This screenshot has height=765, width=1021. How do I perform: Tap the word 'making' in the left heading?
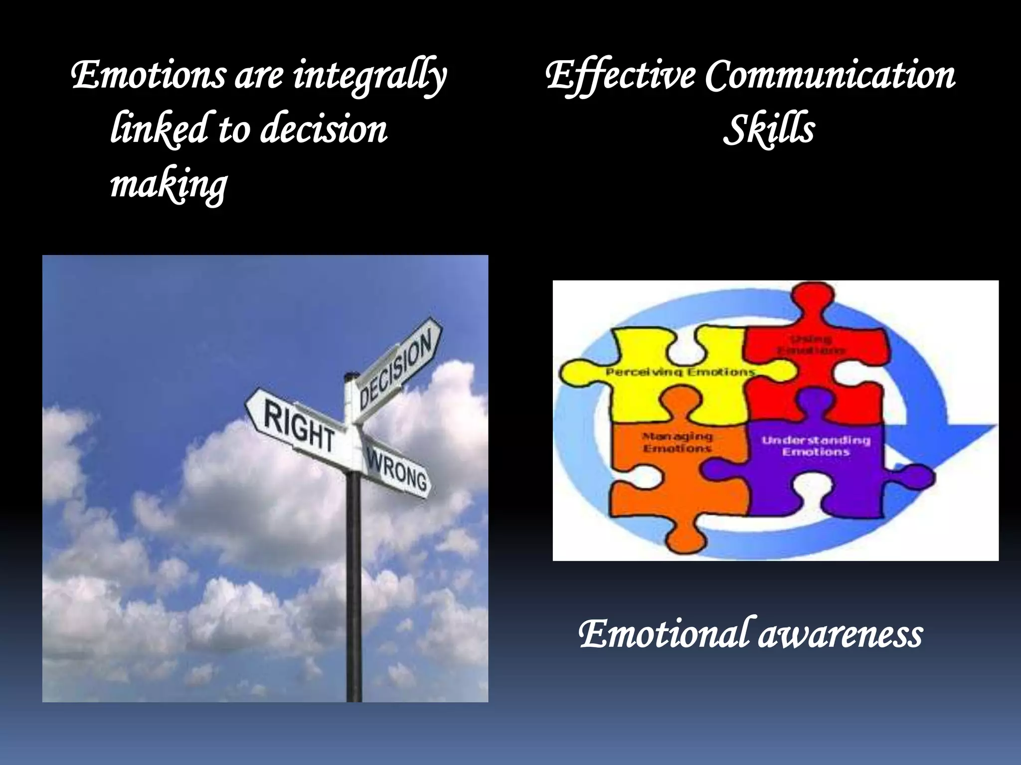(169, 184)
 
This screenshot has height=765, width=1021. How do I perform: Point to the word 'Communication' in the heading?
(830, 76)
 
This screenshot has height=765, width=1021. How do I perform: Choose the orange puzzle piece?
(663, 478)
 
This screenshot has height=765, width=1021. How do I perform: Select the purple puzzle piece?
(818, 478)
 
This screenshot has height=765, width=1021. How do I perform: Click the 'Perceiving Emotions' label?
(681, 372)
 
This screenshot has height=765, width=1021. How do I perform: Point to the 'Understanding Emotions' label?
(816, 446)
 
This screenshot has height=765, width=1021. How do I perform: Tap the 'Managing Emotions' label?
(678, 442)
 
